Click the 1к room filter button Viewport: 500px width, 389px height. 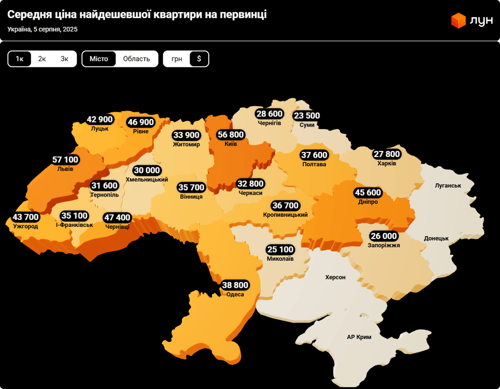[x=20, y=59]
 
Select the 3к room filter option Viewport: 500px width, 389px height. [x=64, y=59]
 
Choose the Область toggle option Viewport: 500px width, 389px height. [x=136, y=59]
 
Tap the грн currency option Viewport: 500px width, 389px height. [x=177, y=59]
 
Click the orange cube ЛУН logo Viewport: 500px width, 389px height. [x=458, y=20]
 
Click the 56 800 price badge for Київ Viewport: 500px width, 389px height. [x=230, y=135]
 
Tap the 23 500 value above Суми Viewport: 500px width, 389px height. [x=307, y=115]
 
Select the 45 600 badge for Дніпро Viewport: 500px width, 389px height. [x=368, y=192]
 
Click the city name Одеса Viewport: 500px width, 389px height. [x=235, y=294]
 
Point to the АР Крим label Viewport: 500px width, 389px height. [x=359, y=337]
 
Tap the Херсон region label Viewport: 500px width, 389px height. [x=335, y=277]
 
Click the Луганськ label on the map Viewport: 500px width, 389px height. [x=448, y=185]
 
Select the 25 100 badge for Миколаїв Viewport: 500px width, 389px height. [x=280, y=249]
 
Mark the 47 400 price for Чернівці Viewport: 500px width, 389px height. [x=117, y=218]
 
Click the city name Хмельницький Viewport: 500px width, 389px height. [x=146, y=179]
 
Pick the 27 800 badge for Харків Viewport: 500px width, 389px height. [x=387, y=154]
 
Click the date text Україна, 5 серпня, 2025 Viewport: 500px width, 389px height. [x=43, y=29]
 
